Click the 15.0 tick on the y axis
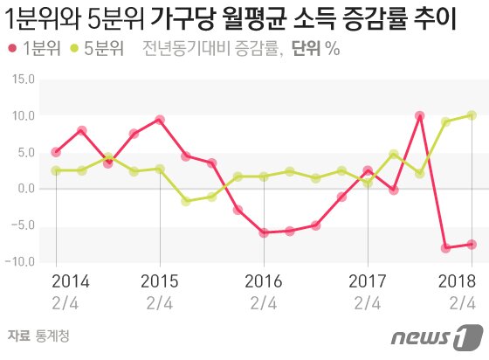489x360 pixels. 21,80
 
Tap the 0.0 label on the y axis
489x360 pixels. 24,189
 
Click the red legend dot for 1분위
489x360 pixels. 13,50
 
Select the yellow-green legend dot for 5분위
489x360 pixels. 75,50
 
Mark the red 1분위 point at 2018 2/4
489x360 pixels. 472,245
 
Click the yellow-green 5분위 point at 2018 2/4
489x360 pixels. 472,115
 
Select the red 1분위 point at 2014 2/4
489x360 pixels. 56,152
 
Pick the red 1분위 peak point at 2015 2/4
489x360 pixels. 160,120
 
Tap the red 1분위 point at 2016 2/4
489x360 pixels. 263,232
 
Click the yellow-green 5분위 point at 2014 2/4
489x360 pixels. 56,170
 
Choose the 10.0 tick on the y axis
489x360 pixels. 21,115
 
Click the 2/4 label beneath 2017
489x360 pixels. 367,303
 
